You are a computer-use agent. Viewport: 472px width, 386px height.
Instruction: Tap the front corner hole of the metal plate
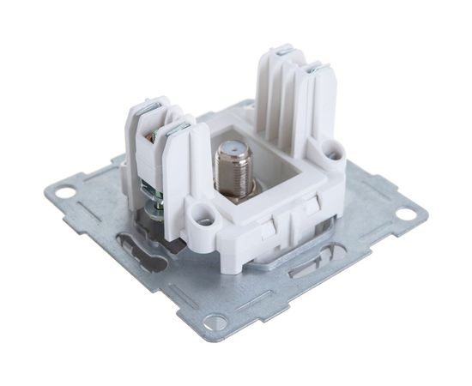pyautogui.click(x=215, y=322)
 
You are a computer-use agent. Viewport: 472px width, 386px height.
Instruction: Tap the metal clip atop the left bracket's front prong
pyautogui.click(x=179, y=129)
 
